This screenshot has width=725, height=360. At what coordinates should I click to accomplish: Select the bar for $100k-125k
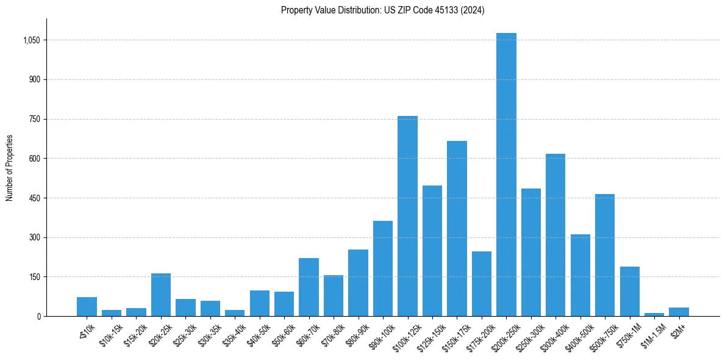click(x=407, y=216)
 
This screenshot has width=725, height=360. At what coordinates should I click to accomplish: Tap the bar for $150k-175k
click(x=457, y=229)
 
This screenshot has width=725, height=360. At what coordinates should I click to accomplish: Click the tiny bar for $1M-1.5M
click(x=654, y=314)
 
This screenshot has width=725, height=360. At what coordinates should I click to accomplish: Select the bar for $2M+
click(x=679, y=312)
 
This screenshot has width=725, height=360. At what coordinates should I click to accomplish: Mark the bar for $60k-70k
click(x=309, y=287)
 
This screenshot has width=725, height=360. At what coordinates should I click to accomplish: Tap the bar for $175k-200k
click(x=482, y=284)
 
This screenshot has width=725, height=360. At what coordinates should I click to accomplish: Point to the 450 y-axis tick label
click(x=34, y=198)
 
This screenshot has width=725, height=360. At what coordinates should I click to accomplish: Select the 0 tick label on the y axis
click(x=38, y=316)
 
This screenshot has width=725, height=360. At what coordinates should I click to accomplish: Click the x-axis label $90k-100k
click(x=382, y=335)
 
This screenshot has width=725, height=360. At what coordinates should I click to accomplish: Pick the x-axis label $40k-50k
click(x=259, y=334)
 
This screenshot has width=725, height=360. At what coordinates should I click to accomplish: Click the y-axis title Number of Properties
click(x=10, y=168)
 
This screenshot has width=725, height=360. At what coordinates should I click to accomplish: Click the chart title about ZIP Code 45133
click(x=382, y=10)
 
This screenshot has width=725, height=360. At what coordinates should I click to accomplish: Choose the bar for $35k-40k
click(x=235, y=313)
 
